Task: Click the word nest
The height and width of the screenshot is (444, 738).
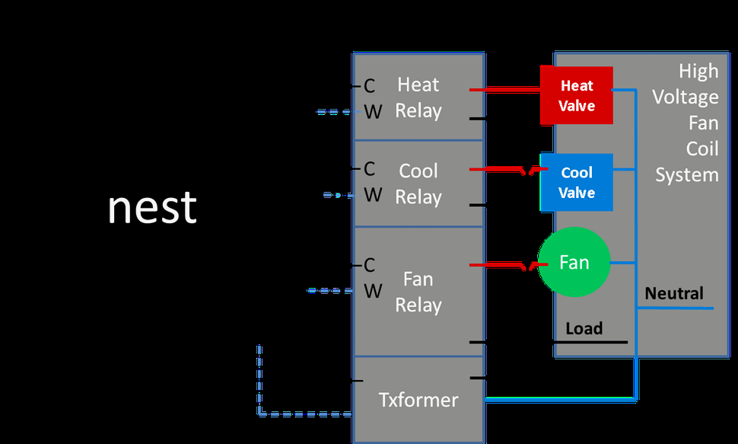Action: pyautogui.click(x=152, y=207)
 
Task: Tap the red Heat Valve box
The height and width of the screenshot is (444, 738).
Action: pyautogui.click(x=577, y=95)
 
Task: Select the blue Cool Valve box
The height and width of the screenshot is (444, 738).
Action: pyautogui.click(x=577, y=183)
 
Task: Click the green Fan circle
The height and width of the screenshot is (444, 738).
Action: pyautogui.click(x=574, y=262)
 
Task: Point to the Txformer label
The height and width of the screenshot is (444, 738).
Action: pyautogui.click(x=418, y=400)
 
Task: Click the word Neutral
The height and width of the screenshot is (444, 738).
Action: pyautogui.click(x=674, y=293)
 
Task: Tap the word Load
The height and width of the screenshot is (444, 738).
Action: pyautogui.click(x=584, y=328)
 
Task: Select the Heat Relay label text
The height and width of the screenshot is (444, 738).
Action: pyautogui.click(x=418, y=97)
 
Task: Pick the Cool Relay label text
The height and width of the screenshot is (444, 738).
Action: pyautogui.click(x=418, y=184)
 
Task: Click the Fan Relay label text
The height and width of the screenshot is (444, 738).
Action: pyautogui.click(x=418, y=292)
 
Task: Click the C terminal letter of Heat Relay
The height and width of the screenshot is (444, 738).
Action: pyautogui.click(x=370, y=86)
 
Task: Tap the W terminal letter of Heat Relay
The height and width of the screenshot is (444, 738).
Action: pyautogui.click(x=373, y=112)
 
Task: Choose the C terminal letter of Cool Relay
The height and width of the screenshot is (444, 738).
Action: pyautogui.click(x=370, y=169)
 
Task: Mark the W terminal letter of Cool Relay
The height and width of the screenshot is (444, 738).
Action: pyautogui.click(x=373, y=195)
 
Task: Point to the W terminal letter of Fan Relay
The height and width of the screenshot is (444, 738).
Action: pyautogui.click(x=373, y=291)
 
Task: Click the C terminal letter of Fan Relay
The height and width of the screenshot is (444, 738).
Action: pyautogui.click(x=370, y=265)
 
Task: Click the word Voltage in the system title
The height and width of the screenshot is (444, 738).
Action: pyautogui.click(x=686, y=97)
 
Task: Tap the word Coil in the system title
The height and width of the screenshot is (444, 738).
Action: pyautogui.click(x=702, y=149)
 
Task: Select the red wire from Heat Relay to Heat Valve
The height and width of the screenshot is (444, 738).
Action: pyautogui.click(x=505, y=90)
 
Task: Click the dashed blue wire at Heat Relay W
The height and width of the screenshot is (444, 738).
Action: pyautogui.click(x=334, y=112)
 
